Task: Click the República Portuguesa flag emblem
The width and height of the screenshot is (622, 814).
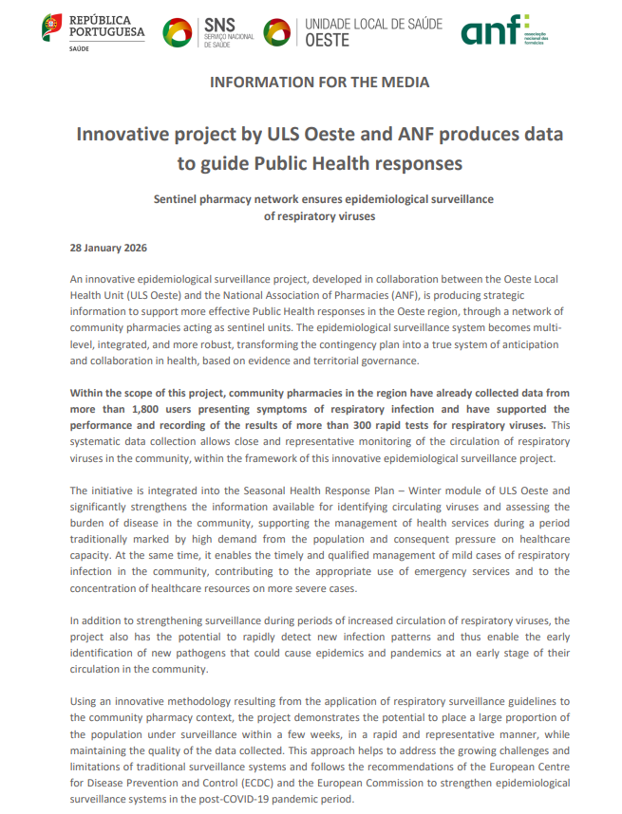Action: (53, 28)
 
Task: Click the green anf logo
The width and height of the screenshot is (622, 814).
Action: (490, 31)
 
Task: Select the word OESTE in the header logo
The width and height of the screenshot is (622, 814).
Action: (328, 41)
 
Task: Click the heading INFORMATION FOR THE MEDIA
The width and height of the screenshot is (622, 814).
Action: (319, 82)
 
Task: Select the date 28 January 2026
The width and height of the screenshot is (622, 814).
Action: (108, 248)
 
